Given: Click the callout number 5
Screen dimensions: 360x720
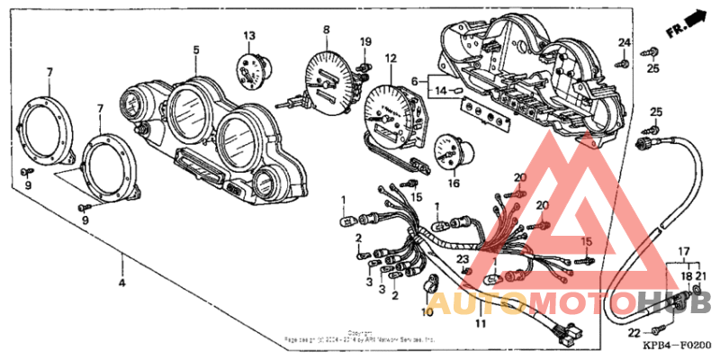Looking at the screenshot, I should (195, 49).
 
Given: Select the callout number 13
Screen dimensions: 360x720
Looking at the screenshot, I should (248, 35).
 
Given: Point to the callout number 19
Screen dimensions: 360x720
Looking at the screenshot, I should (365, 42).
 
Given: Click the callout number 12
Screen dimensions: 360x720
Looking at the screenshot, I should (391, 59).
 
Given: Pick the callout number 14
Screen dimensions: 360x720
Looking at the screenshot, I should (442, 90).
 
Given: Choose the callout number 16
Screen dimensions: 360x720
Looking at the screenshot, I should (454, 183).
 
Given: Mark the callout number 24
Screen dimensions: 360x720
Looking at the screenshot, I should (624, 42).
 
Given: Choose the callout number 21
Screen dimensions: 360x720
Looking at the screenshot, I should (702, 275).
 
